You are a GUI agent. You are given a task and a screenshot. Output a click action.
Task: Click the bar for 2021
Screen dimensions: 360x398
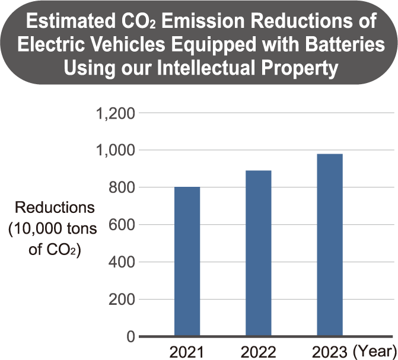[x=187, y=262]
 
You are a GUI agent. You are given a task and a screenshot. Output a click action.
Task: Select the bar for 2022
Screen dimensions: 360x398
[x=259, y=253]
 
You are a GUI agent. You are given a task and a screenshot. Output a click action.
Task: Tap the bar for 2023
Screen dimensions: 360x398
[x=329, y=245]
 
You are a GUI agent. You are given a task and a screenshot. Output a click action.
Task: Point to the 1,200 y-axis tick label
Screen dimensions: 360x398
[x=115, y=113]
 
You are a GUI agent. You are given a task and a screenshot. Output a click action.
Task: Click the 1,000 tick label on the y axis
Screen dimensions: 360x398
[x=115, y=151]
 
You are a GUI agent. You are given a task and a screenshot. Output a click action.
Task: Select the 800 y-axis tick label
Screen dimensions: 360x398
[x=121, y=188]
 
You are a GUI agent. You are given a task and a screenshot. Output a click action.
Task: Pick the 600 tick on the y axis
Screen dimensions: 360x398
[x=121, y=225]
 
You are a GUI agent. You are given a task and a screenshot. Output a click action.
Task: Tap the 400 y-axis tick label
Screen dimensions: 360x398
[x=121, y=263]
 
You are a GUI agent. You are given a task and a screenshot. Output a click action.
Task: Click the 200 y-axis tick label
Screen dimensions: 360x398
[x=121, y=300]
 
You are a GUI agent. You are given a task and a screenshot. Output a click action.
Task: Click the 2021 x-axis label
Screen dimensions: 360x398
[x=187, y=352]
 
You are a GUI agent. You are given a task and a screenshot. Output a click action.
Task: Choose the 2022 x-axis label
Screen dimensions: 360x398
[x=259, y=352]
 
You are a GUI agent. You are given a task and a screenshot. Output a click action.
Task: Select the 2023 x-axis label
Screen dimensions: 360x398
[x=329, y=352]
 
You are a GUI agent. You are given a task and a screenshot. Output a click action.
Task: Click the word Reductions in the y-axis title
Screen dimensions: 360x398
[x=55, y=208]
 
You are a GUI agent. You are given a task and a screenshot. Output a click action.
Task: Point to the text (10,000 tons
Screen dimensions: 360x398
[x=52, y=229]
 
